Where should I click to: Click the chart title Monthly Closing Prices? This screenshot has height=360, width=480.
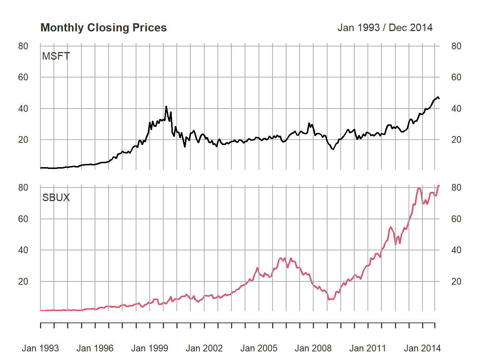104,27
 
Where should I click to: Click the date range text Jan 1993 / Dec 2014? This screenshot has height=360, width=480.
385,27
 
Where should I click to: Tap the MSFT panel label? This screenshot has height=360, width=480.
56,56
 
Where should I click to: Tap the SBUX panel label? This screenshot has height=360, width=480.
56,197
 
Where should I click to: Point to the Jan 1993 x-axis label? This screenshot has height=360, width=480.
40,348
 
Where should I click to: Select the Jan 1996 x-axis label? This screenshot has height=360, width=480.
95,348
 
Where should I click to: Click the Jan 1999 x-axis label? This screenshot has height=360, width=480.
150,348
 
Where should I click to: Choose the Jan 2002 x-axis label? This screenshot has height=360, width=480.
204,348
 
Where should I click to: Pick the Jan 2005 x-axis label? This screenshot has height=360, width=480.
259,348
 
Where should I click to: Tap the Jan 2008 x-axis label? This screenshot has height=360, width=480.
313,348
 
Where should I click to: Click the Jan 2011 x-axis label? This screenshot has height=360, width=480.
368,348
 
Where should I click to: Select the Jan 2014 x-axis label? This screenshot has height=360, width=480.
422,348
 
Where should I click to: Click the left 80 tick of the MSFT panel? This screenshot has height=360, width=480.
23,46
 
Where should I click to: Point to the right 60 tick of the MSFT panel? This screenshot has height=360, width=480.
456,77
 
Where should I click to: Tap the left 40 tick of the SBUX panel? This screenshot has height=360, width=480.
23,250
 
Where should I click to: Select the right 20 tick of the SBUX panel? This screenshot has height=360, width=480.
456,281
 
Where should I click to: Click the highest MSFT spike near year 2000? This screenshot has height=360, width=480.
166,106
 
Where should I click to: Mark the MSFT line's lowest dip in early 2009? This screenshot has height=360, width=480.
333,149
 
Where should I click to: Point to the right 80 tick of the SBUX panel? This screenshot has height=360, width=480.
456,187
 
